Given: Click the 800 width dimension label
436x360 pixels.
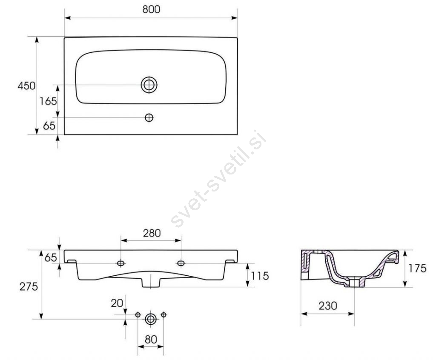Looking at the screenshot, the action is [x=151, y=9].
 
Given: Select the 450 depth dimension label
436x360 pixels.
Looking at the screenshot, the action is [x=26, y=86].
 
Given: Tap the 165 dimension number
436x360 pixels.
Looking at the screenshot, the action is [x=48, y=101].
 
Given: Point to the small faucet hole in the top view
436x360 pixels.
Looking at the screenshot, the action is [x=149, y=117].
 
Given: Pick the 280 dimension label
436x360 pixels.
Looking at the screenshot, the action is [x=152, y=233].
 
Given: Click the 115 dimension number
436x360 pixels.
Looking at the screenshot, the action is [x=260, y=276].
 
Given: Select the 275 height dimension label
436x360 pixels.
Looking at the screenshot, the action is [x=29, y=286].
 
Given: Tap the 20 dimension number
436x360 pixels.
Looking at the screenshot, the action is [x=117, y=303].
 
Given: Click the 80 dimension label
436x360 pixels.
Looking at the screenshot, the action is [x=151, y=340].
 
